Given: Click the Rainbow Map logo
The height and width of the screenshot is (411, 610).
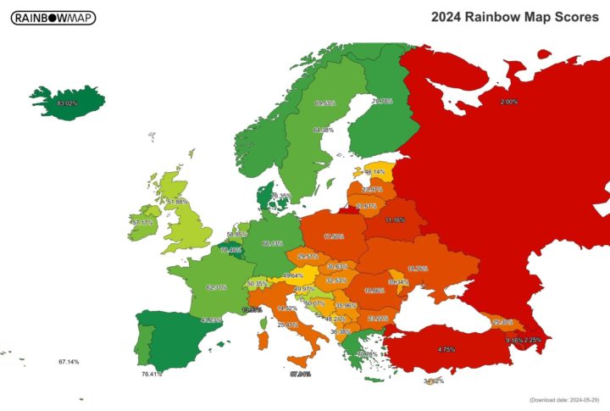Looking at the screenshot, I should (53, 18).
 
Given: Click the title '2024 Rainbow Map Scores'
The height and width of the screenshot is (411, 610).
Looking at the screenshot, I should (514, 17).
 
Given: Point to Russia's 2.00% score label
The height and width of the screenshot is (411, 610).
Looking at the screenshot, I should (509, 102).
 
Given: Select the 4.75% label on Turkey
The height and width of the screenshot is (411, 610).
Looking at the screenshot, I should (446, 349).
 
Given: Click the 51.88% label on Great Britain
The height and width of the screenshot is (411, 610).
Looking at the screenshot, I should (177, 202).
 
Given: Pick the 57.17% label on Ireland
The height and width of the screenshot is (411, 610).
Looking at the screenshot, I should (142, 223).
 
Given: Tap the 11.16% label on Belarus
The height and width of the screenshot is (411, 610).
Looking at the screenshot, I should (394, 219).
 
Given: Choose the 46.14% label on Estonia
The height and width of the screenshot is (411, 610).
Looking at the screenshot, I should (374, 171).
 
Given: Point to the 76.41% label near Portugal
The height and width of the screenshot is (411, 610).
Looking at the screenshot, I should (152, 374).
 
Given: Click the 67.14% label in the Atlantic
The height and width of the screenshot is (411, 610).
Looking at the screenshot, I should (69, 362).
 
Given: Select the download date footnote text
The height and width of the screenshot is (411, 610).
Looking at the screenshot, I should (563, 399).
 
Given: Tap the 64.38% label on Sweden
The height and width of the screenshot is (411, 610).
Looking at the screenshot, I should (323, 131).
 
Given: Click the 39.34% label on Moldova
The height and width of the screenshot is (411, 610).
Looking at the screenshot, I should (398, 281).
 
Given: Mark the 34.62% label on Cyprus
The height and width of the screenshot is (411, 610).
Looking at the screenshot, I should (433, 380).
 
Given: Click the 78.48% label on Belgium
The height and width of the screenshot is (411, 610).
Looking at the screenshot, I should (230, 250).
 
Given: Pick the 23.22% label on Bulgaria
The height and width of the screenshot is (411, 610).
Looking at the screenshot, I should (378, 318).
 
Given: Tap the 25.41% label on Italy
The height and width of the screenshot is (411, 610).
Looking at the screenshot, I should (287, 324).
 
